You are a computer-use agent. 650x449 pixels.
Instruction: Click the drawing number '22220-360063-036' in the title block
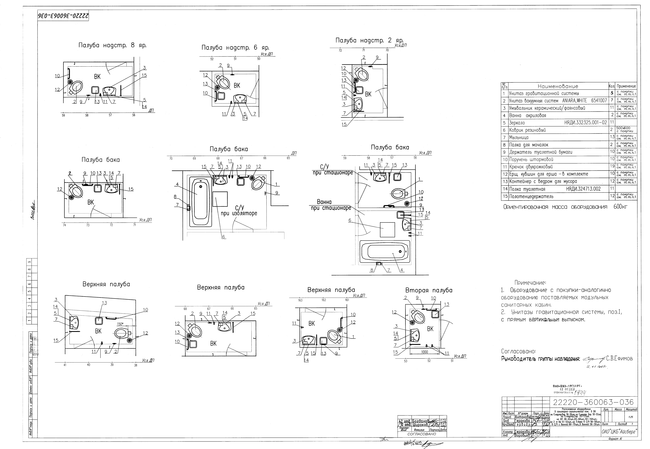point(593,402)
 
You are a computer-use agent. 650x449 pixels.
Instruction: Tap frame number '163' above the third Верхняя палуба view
point(300,300)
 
